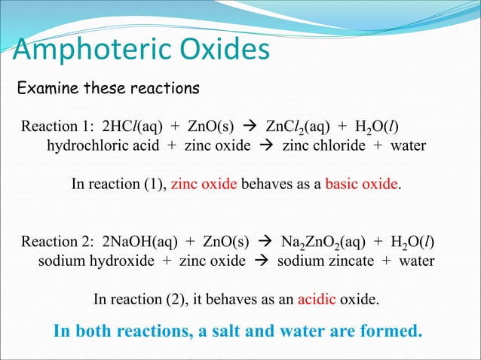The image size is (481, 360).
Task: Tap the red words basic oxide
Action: coord(360,184)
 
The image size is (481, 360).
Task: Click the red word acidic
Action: coord(317,300)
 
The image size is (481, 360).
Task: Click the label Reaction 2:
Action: coord(55,242)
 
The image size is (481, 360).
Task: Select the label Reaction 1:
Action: coord(54,126)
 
